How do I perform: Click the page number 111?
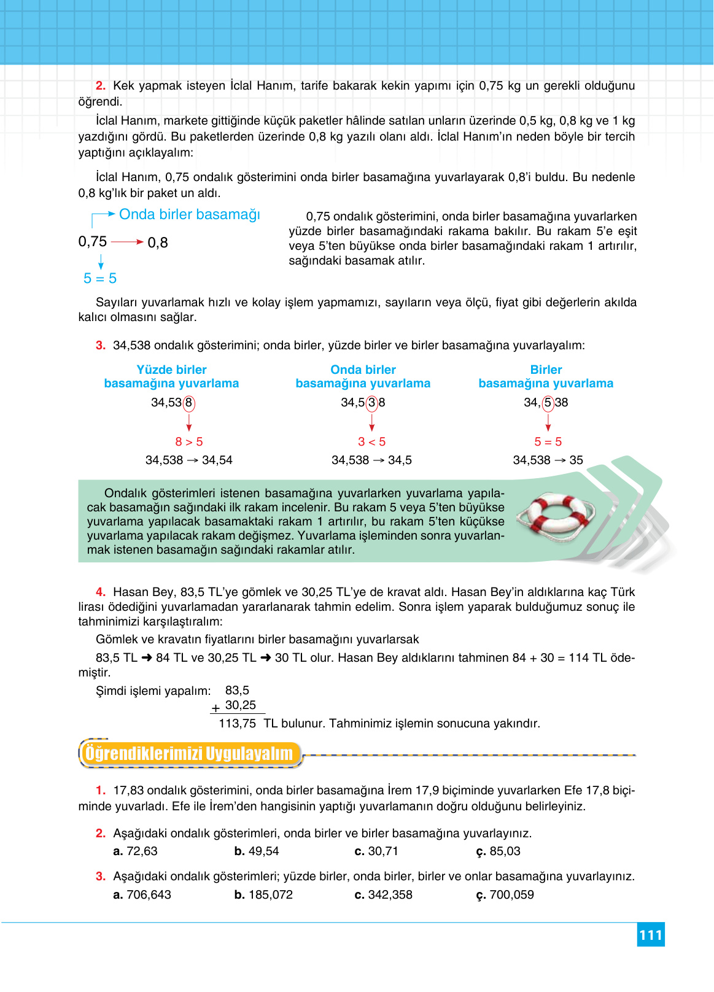pyautogui.click(x=651, y=935)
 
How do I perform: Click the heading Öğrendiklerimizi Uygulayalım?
pyautogui.click(x=189, y=753)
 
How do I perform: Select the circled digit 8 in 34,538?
pyautogui.click(x=189, y=403)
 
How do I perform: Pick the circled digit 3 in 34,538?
pyautogui.click(x=371, y=403)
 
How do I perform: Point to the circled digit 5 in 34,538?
pyautogui.click(x=548, y=403)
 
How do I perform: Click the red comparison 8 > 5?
pyautogui.click(x=189, y=442)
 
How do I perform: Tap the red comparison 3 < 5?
pyautogui.click(x=371, y=442)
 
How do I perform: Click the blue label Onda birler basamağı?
pyautogui.click(x=189, y=215)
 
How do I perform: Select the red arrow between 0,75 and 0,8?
pyautogui.click(x=127, y=242)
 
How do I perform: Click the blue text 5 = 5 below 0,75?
pyautogui.click(x=100, y=279)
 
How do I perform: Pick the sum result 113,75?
pyautogui.click(x=237, y=724)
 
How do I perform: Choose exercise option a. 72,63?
pyautogui.click(x=136, y=851)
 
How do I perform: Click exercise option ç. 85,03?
pyautogui.click(x=499, y=851)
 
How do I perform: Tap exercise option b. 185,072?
pyautogui.click(x=264, y=895)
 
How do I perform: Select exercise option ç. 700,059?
pyautogui.click(x=505, y=895)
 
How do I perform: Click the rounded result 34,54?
pyautogui.click(x=217, y=460)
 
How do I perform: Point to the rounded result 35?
pyautogui.click(x=576, y=460)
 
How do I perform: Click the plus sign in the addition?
pyautogui.click(x=215, y=708)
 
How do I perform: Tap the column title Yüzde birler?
pyautogui.click(x=171, y=370)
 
